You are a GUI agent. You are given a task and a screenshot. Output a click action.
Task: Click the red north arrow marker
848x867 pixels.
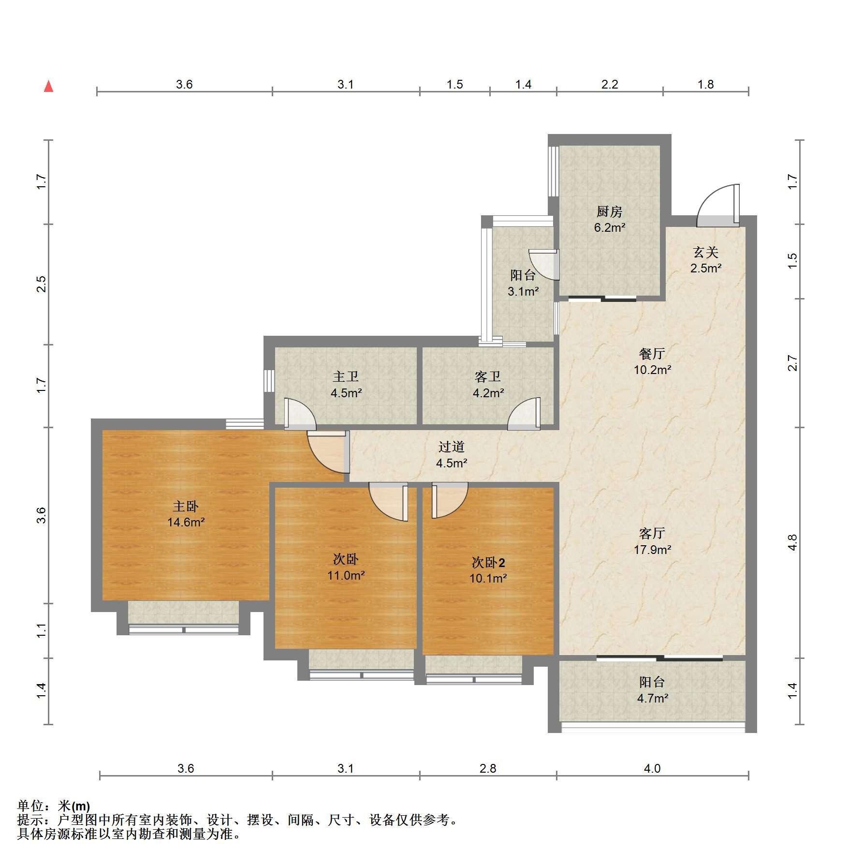click(x=48, y=86)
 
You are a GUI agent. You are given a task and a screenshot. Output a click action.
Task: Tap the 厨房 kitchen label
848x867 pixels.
click(x=609, y=211)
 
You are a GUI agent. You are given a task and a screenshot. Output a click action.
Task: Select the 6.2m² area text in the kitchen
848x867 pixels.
click(x=610, y=227)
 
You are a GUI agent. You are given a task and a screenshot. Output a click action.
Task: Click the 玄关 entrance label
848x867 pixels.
click(x=706, y=252)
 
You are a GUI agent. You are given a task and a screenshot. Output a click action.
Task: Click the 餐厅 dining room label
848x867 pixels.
click(x=652, y=354)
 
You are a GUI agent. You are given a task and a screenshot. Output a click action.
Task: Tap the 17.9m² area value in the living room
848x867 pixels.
click(x=653, y=550)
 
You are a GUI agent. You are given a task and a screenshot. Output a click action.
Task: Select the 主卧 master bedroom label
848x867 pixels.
click(x=186, y=507)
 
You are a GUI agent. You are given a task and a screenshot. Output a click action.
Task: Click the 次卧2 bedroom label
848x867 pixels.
click(x=488, y=563)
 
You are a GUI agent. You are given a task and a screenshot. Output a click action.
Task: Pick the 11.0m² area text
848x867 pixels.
click(x=346, y=576)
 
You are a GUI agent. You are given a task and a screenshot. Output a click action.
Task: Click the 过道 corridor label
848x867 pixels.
click(x=452, y=447)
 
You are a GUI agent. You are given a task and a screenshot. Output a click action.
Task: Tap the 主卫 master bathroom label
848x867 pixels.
click(x=346, y=376)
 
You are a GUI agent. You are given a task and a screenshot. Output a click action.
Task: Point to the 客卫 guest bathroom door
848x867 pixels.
click(x=524, y=414)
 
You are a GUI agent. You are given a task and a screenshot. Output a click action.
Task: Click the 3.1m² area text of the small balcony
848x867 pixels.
click(x=523, y=292)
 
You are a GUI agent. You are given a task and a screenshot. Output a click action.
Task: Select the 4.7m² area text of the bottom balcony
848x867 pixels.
click(x=653, y=698)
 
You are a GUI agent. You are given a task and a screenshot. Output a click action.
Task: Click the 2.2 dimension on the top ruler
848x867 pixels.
click(x=610, y=85)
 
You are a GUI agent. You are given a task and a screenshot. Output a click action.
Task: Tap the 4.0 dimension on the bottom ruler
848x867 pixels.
click(x=652, y=769)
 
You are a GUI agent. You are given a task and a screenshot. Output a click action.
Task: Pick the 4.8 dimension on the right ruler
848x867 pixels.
click(x=792, y=542)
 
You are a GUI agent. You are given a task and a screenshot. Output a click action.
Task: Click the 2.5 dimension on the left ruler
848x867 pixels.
click(x=42, y=284)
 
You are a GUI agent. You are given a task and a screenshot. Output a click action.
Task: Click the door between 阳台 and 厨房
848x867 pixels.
click(x=545, y=264)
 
